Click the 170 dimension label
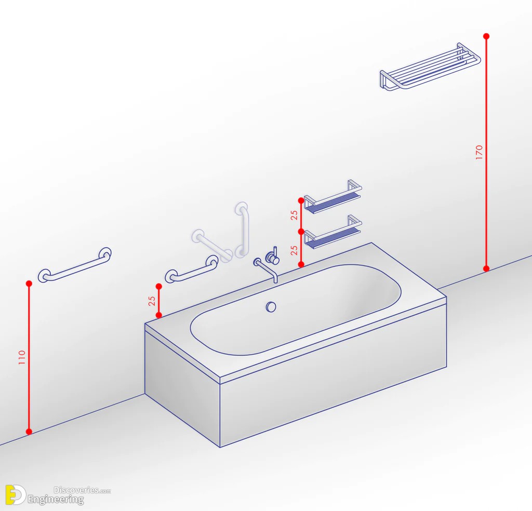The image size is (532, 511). click(x=478, y=152)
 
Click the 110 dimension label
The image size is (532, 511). click(x=22, y=357)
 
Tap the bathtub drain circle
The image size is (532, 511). click(x=271, y=307)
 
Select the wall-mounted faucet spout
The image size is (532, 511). click(x=266, y=269)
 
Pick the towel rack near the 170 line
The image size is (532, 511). click(x=430, y=66)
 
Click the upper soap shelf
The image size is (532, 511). click(x=332, y=197)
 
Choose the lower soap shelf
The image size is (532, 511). click(x=332, y=232)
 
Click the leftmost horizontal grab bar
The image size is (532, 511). click(x=75, y=265)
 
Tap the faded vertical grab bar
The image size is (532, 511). click(x=242, y=230)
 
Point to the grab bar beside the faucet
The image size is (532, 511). click(x=192, y=269)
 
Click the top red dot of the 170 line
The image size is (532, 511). click(x=486, y=36)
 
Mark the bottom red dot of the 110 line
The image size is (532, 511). click(x=29, y=432)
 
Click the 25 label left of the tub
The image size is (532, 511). click(x=152, y=301)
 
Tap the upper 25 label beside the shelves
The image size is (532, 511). click(x=294, y=216)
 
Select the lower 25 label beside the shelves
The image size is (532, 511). click(x=294, y=250)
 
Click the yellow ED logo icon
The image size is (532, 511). click(x=15, y=495)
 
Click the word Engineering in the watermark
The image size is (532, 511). click(x=56, y=500)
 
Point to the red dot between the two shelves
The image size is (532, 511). click(x=301, y=232)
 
